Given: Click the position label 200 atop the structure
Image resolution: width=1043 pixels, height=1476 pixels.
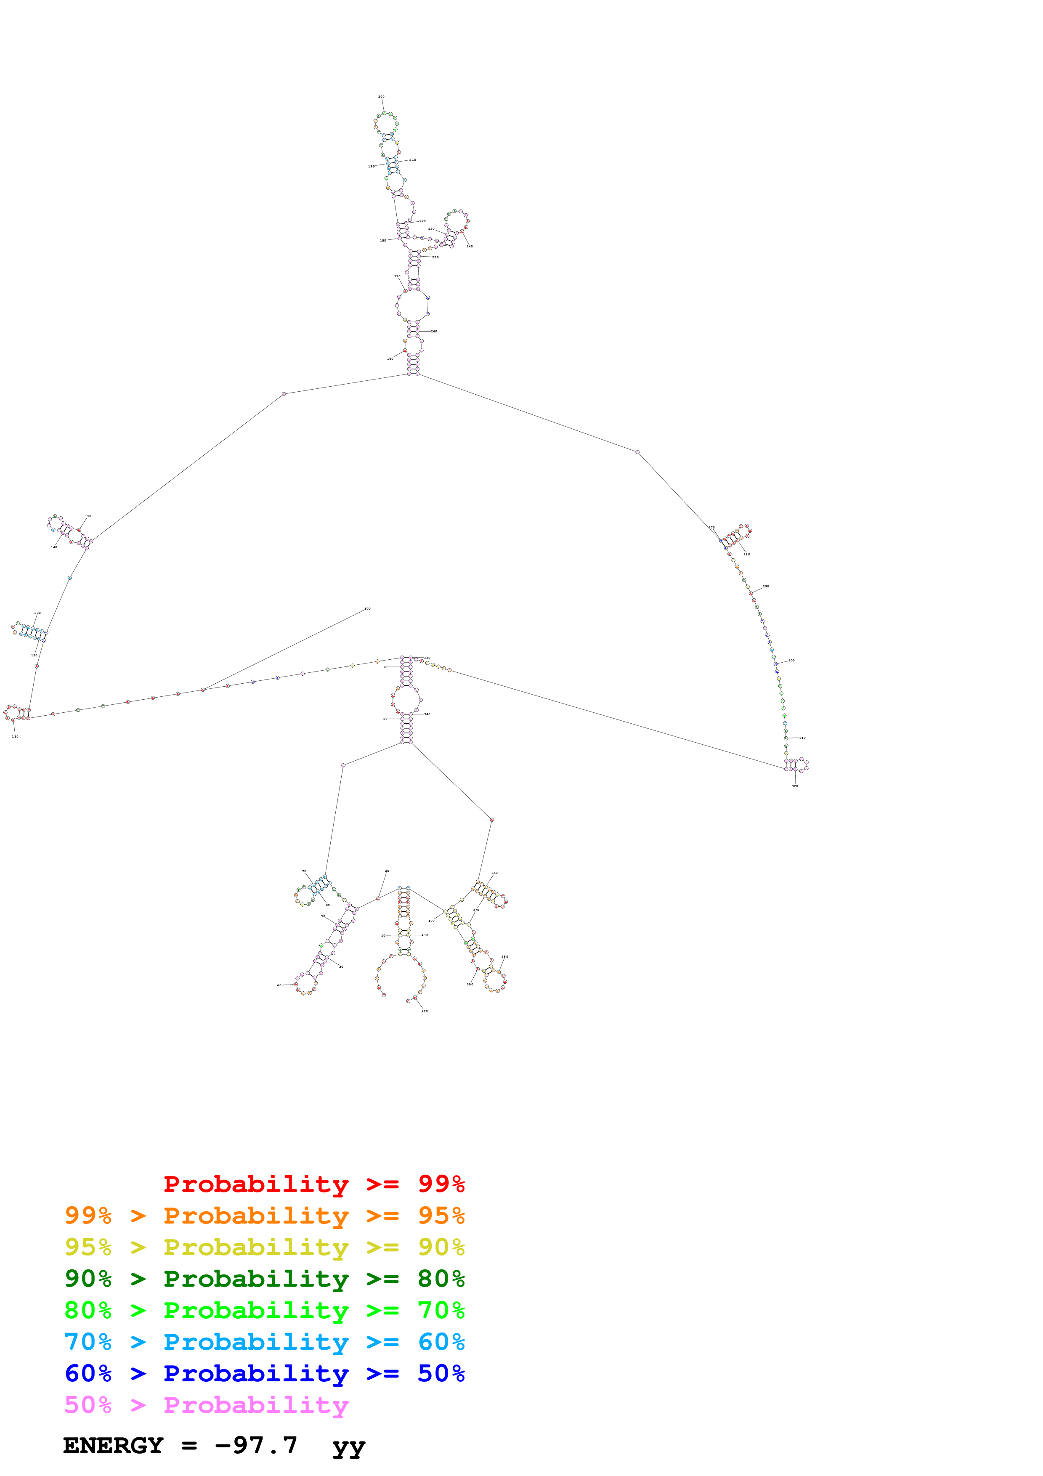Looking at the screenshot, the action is [381, 96].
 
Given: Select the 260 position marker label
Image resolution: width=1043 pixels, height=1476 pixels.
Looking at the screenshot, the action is [434, 331].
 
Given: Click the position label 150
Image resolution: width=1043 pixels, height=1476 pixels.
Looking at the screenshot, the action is [88, 515].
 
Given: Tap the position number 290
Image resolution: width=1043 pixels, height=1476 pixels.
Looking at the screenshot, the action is [765, 586].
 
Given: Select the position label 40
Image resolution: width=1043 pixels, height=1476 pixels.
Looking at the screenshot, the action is [279, 985].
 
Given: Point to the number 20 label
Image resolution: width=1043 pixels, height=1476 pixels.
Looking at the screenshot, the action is [387, 871].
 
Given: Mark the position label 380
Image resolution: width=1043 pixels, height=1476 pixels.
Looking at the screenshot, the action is [504, 956].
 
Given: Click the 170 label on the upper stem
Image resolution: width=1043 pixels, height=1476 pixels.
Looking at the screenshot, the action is [397, 276].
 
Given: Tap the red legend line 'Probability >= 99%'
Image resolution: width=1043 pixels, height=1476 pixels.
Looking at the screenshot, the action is [313, 1184].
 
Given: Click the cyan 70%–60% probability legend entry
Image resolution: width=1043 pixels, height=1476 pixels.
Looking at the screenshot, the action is [264, 1342].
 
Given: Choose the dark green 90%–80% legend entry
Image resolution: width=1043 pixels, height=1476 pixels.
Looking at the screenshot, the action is [264, 1279].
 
